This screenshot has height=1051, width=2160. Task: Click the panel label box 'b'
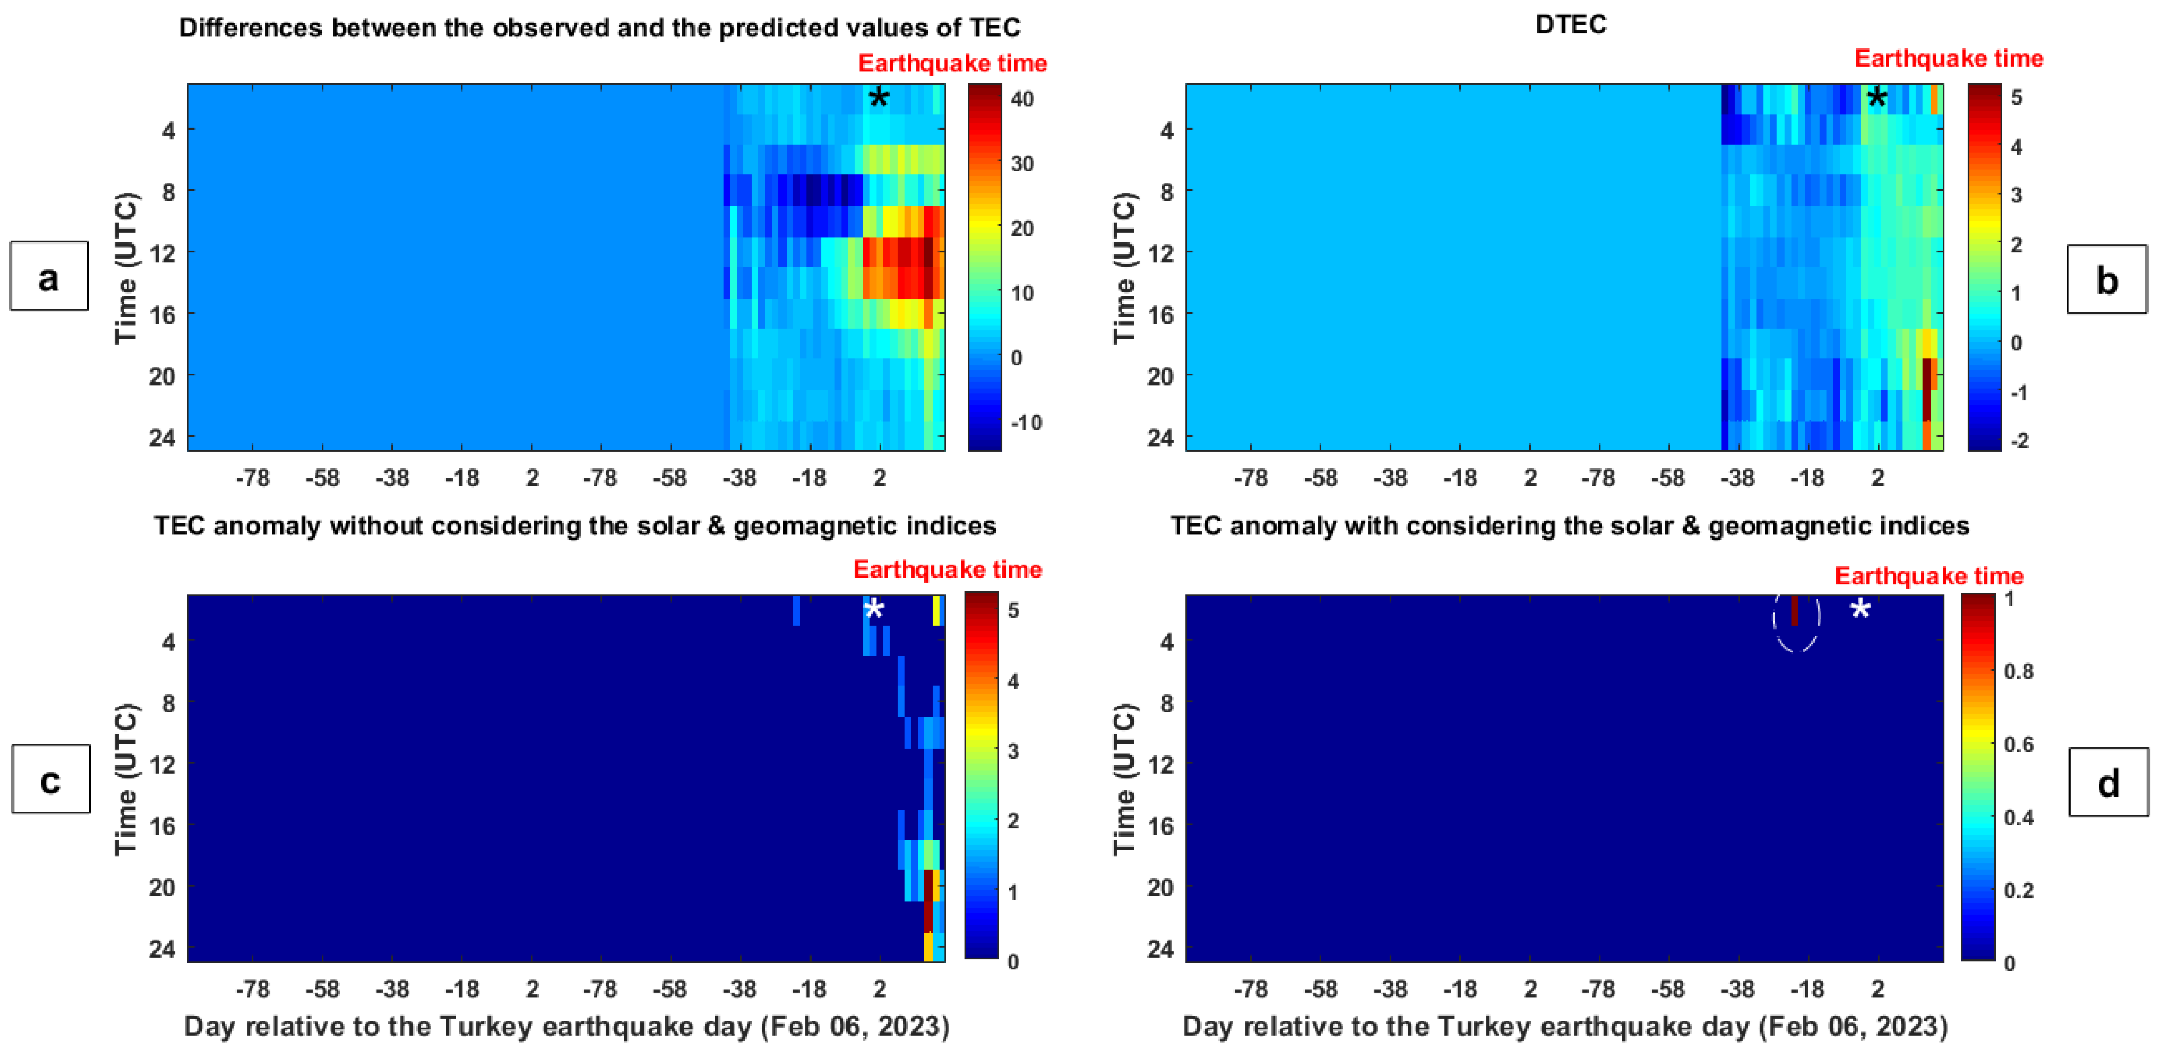pyautogui.click(x=2106, y=279)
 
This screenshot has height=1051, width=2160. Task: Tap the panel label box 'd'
pyautogui.click(x=2108, y=782)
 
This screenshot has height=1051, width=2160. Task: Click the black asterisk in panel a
pyautogui.click(x=878, y=99)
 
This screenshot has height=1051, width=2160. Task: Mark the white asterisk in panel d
pyautogui.click(x=1860, y=610)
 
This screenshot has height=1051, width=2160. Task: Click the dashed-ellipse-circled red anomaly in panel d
pyautogui.click(x=1794, y=611)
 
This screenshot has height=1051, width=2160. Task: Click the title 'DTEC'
pyautogui.click(x=1571, y=24)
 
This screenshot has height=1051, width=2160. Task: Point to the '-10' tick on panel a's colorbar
pyautogui.click(x=1025, y=422)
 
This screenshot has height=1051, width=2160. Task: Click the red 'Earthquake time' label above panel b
pyautogui.click(x=1948, y=59)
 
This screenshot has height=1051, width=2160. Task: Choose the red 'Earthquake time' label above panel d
pyautogui.click(x=1928, y=576)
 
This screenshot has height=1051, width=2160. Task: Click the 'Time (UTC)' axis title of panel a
pyautogui.click(x=126, y=268)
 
